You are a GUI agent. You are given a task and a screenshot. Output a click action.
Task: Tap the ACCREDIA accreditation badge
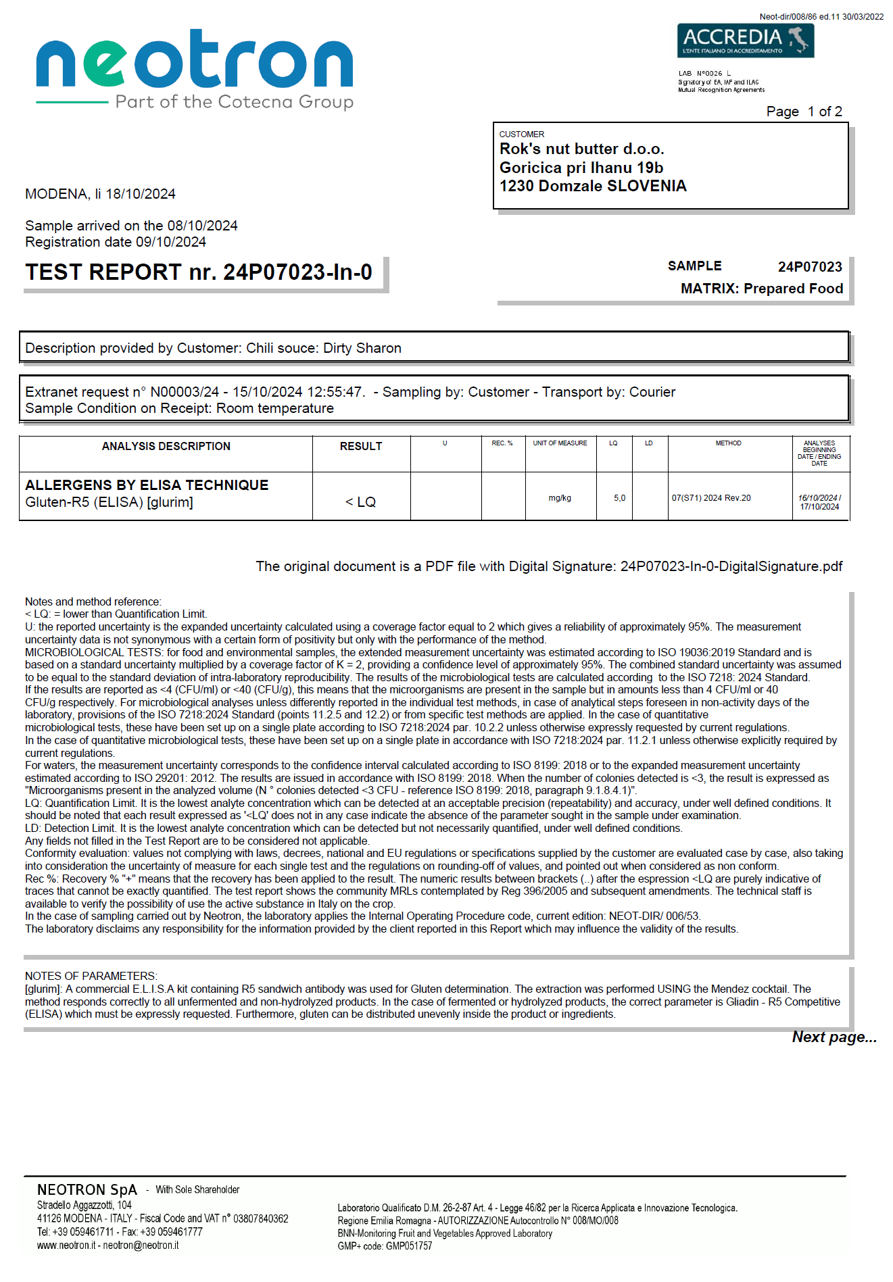click(x=745, y=41)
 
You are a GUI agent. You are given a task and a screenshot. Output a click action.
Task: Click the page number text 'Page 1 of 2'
click(x=804, y=112)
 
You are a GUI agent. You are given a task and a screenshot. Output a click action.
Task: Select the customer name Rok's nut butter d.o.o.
click(x=581, y=149)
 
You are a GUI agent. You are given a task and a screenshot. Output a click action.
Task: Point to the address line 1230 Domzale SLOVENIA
click(x=592, y=186)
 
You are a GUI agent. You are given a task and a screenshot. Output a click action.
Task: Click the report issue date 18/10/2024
click(x=141, y=194)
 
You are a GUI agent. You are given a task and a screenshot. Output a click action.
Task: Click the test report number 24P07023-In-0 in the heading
click(x=297, y=272)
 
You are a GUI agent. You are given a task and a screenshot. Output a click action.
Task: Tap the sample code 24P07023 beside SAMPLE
click(x=809, y=267)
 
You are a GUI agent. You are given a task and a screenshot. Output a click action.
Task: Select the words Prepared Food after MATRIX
click(x=793, y=289)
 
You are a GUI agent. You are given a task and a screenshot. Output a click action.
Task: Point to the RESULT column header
click(x=361, y=446)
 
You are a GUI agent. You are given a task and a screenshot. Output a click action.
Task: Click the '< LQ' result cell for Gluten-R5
click(x=361, y=502)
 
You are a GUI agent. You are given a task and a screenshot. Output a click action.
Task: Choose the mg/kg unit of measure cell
click(x=560, y=498)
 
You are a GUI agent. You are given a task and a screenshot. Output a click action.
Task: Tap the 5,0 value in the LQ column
click(x=619, y=498)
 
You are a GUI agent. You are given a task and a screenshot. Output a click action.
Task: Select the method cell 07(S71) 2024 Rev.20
click(x=710, y=498)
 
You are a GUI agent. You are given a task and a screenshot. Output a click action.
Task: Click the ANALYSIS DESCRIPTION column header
click(x=166, y=446)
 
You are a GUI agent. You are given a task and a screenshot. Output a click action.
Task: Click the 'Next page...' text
click(x=834, y=1037)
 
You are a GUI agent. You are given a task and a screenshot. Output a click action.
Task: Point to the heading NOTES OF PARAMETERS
click(x=91, y=976)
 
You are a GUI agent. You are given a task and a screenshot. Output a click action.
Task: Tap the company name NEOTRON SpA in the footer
click(x=87, y=1190)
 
